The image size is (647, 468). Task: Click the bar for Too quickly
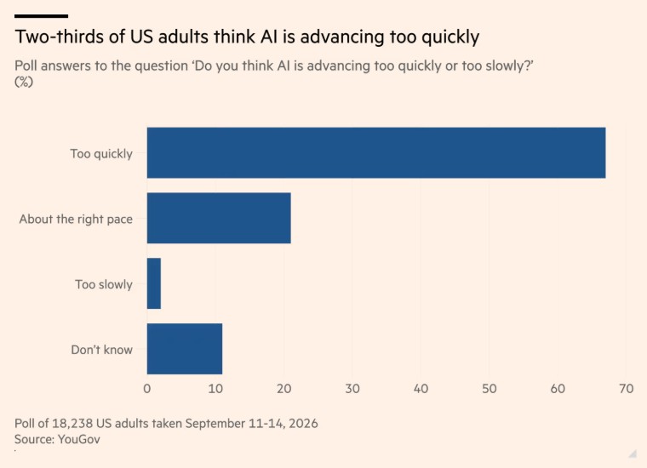point(376,153)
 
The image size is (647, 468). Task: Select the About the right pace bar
point(219,218)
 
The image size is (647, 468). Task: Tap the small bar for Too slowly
point(154,283)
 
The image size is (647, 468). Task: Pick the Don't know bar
point(185,349)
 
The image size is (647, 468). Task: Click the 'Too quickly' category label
point(101,154)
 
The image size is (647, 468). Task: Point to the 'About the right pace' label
point(76,219)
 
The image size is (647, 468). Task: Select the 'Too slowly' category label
point(104,284)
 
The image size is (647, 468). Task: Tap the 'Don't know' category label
point(102,350)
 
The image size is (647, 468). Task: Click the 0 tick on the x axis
point(147,388)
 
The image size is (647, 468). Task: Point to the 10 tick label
point(215,388)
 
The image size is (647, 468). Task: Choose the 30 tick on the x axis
point(352,388)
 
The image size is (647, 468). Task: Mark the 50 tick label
point(490,388)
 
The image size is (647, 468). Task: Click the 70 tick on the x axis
point(626,388)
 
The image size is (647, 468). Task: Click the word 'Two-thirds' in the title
point(59,37)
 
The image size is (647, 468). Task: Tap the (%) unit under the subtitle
point(24,82)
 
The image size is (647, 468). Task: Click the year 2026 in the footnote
point(303,424)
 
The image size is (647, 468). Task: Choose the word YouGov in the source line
point(79,439)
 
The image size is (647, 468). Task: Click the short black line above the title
point(41,16)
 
